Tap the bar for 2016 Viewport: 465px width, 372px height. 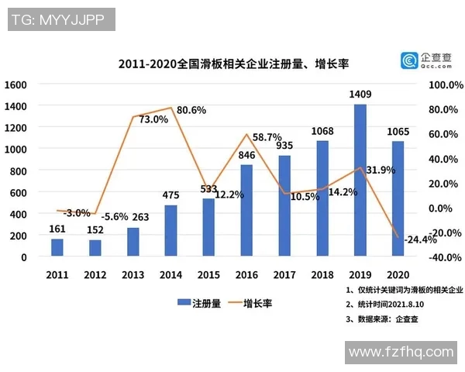pos(246,210)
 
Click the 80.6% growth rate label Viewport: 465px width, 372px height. pos(191,110)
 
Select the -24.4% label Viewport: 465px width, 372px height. pos(422,239)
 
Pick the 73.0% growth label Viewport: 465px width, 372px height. pos(153,119)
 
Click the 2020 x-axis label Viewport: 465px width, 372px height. pos(398,274)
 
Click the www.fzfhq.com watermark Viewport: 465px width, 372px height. pos(401,352)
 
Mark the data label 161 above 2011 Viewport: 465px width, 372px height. pos(57,229)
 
